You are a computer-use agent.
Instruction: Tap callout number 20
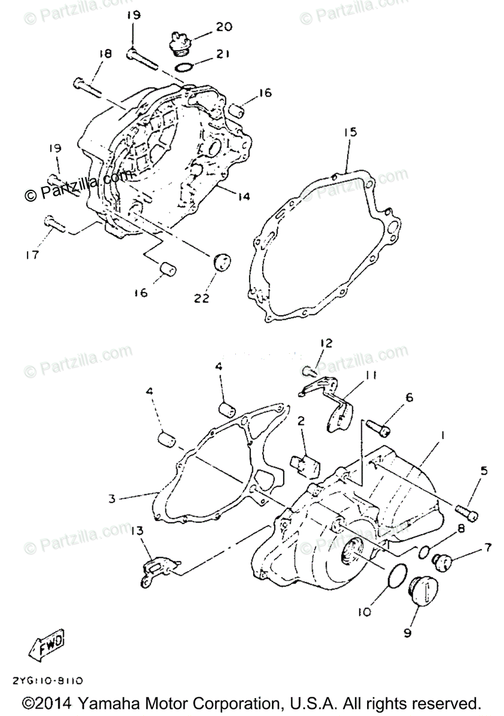(207, 27)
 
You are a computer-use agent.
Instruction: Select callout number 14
(243, 196)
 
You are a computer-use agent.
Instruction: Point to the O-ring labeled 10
(395, 577)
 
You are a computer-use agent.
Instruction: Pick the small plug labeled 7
(443, 561)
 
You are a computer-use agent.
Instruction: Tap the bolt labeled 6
(377, 426)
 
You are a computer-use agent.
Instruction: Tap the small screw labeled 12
(309, 371)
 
